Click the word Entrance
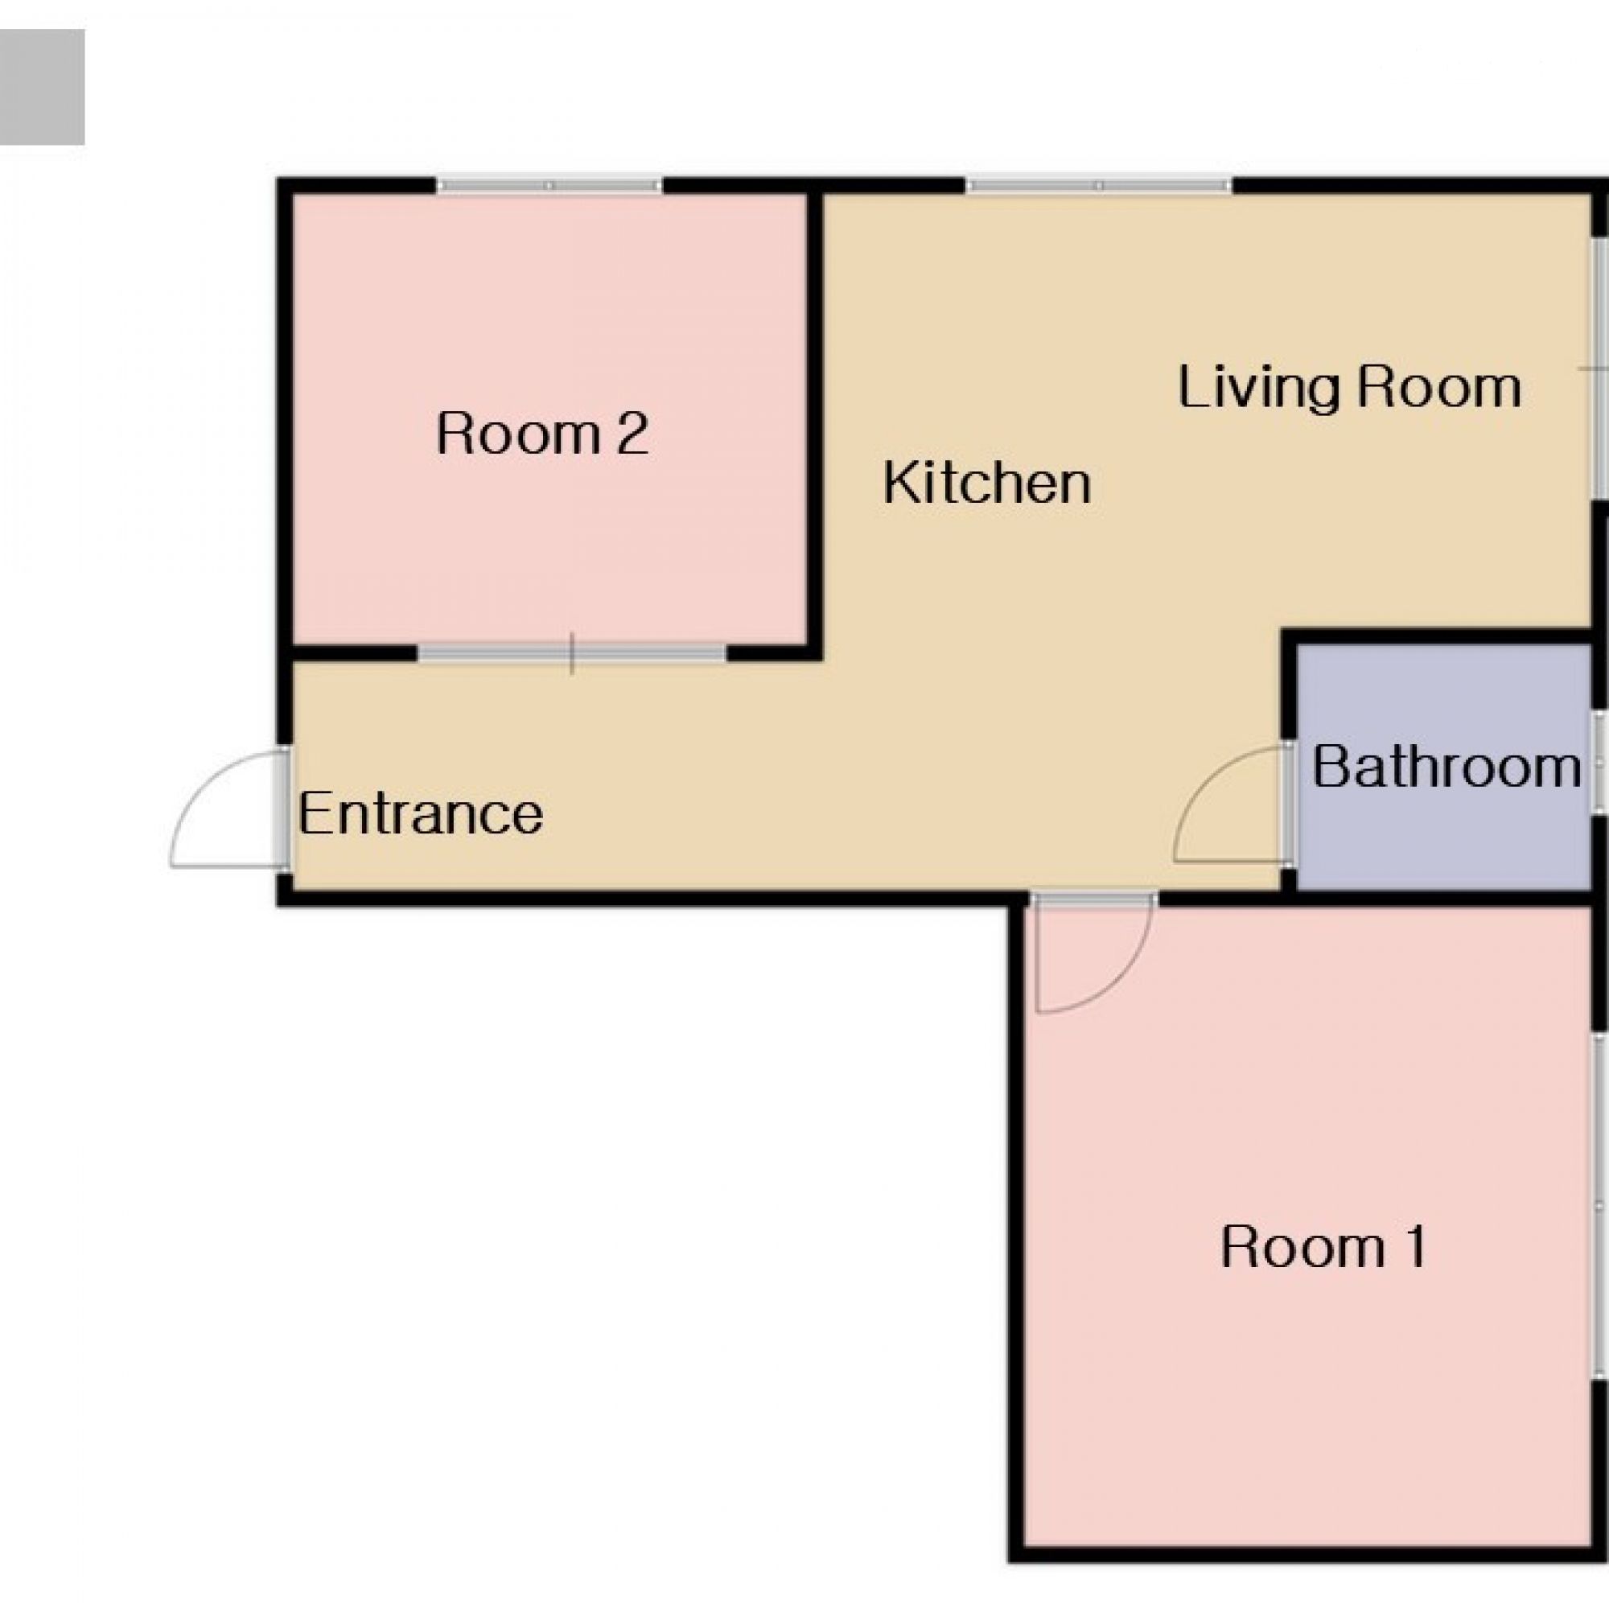pos(421,813)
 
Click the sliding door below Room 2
pos(571,654)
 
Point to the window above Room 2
pos(549,185)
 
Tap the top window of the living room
pos(1098,185)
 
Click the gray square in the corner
pos(42,87)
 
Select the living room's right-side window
pos(1599,369)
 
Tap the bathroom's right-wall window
pos(1600,759)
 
